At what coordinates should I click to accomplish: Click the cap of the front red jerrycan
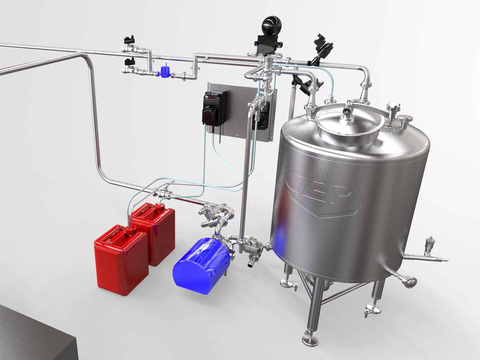tap(131, 230)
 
